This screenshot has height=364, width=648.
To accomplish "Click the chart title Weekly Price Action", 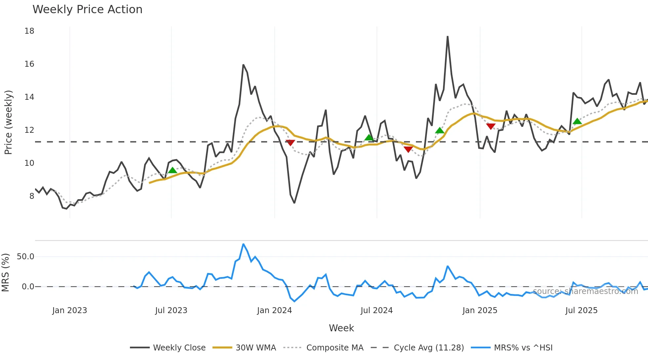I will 87,10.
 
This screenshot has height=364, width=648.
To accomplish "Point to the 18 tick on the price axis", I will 29,31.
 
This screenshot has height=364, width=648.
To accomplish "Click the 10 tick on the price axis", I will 29,163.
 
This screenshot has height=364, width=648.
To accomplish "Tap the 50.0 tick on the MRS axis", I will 25,257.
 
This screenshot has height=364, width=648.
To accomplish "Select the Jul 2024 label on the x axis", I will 377,310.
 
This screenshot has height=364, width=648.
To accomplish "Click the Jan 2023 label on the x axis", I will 69,310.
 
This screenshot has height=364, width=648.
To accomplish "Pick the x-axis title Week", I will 341,328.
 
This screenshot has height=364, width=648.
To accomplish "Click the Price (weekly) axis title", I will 8,122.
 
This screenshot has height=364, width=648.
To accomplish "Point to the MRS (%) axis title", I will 5,273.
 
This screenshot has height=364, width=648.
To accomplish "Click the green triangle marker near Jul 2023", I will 172,170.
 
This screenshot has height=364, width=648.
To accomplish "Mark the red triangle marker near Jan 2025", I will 491,126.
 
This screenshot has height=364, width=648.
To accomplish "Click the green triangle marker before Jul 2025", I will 577,121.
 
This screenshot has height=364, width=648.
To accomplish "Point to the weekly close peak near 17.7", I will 448,37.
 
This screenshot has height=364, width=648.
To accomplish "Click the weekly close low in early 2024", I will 294,202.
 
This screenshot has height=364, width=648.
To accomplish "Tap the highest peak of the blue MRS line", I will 243,244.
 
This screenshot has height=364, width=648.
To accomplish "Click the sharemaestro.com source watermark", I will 585,291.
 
